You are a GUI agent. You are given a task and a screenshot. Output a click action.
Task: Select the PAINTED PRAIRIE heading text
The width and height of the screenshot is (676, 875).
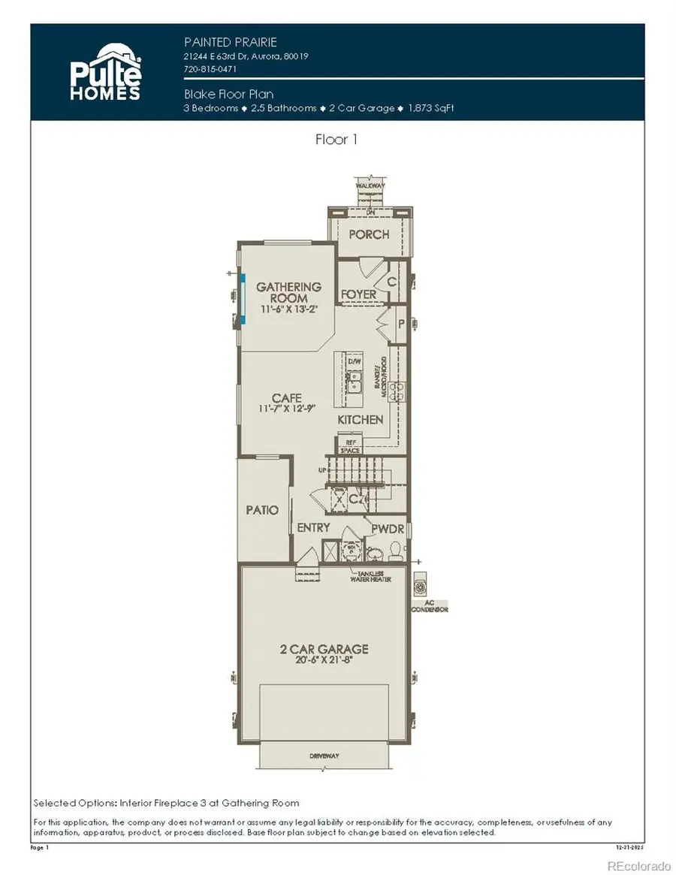click(x=225, y=41)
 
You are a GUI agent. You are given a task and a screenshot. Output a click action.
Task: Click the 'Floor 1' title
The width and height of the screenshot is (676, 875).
click(x=337, y=139)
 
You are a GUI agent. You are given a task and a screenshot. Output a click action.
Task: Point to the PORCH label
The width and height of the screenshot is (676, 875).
click(x=369, y=234)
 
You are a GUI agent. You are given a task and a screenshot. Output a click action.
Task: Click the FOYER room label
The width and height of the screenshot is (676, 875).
click(x=358, y=294)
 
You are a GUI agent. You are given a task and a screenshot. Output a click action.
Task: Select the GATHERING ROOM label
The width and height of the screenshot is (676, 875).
click(x=288, y=292)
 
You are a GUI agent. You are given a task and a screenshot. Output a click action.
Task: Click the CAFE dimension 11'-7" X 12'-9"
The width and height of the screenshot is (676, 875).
click(x=288, y=409)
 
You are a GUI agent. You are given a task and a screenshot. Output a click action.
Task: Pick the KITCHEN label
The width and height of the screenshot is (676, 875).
click(x=360, y=420)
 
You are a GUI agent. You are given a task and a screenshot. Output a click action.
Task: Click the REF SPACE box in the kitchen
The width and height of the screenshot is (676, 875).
click(x=350, y=445)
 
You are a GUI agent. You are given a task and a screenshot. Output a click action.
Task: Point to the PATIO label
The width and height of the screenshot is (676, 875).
click(x=262, y=510)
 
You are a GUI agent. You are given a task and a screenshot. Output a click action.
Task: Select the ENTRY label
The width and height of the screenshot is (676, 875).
click(x=313, y=528)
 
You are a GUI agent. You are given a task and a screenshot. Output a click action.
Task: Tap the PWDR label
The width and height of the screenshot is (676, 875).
click(x=388, y=530)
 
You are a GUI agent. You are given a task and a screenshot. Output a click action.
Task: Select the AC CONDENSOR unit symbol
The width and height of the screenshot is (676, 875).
click(x=420, y=585)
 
